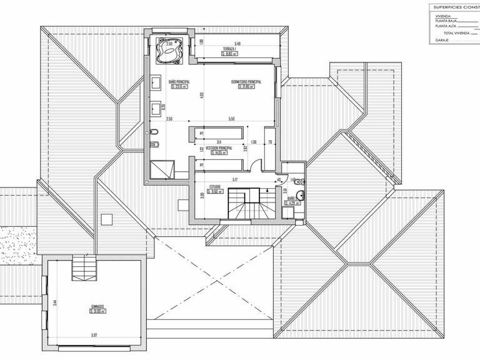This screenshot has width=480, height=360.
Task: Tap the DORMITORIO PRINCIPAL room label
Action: (246, 81)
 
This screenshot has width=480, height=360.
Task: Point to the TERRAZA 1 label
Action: (232, 49)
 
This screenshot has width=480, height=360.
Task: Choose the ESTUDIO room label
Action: (216, 186)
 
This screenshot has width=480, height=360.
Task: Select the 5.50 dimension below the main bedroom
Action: (231, 119)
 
